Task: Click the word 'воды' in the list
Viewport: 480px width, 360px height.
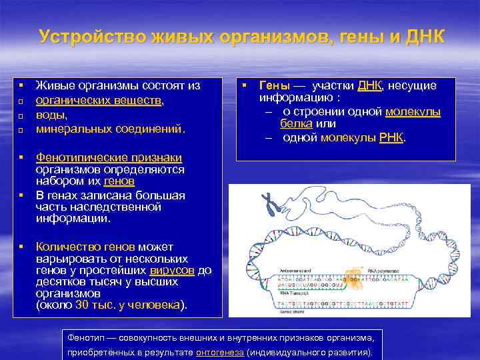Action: (51, 114)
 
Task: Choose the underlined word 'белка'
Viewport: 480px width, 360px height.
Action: (298, 124)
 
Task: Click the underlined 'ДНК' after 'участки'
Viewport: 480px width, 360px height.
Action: (369, 86)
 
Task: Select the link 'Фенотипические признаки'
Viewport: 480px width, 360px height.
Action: (109, 157)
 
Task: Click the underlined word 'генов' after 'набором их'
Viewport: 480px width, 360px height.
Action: (120, 181)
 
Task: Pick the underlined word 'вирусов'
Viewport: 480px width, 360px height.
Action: (172, 271)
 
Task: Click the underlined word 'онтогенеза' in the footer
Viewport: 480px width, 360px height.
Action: (219, 351)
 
